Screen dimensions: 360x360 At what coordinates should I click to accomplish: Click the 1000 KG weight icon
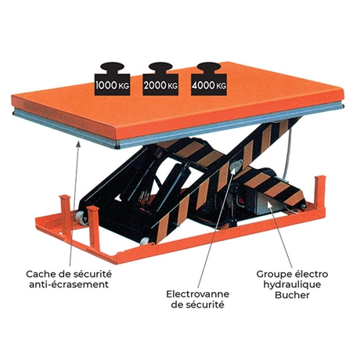(x=112, y=78)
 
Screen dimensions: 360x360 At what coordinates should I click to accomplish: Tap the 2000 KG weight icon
(x=160, y=78)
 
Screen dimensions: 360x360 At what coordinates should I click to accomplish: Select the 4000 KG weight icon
(x=209, y=78)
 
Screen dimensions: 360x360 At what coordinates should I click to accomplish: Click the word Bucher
(x=292, y=295)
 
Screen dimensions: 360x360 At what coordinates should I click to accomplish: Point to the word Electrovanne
(x=198, y=294)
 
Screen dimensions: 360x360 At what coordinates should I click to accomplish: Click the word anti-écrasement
(x=69, y=284)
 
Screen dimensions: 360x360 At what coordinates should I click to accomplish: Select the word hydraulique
(x=292, y=285)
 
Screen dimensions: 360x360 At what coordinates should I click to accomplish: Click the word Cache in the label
(x=41, y=274)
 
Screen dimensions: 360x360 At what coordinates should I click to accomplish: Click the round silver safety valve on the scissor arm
(x=236, y=165)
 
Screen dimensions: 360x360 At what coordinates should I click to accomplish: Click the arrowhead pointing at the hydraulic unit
(x=270, y=205)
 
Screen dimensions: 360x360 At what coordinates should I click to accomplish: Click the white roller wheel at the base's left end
(x=81, y=218)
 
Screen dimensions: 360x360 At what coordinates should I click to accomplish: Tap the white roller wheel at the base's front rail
(x=145, y=241)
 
